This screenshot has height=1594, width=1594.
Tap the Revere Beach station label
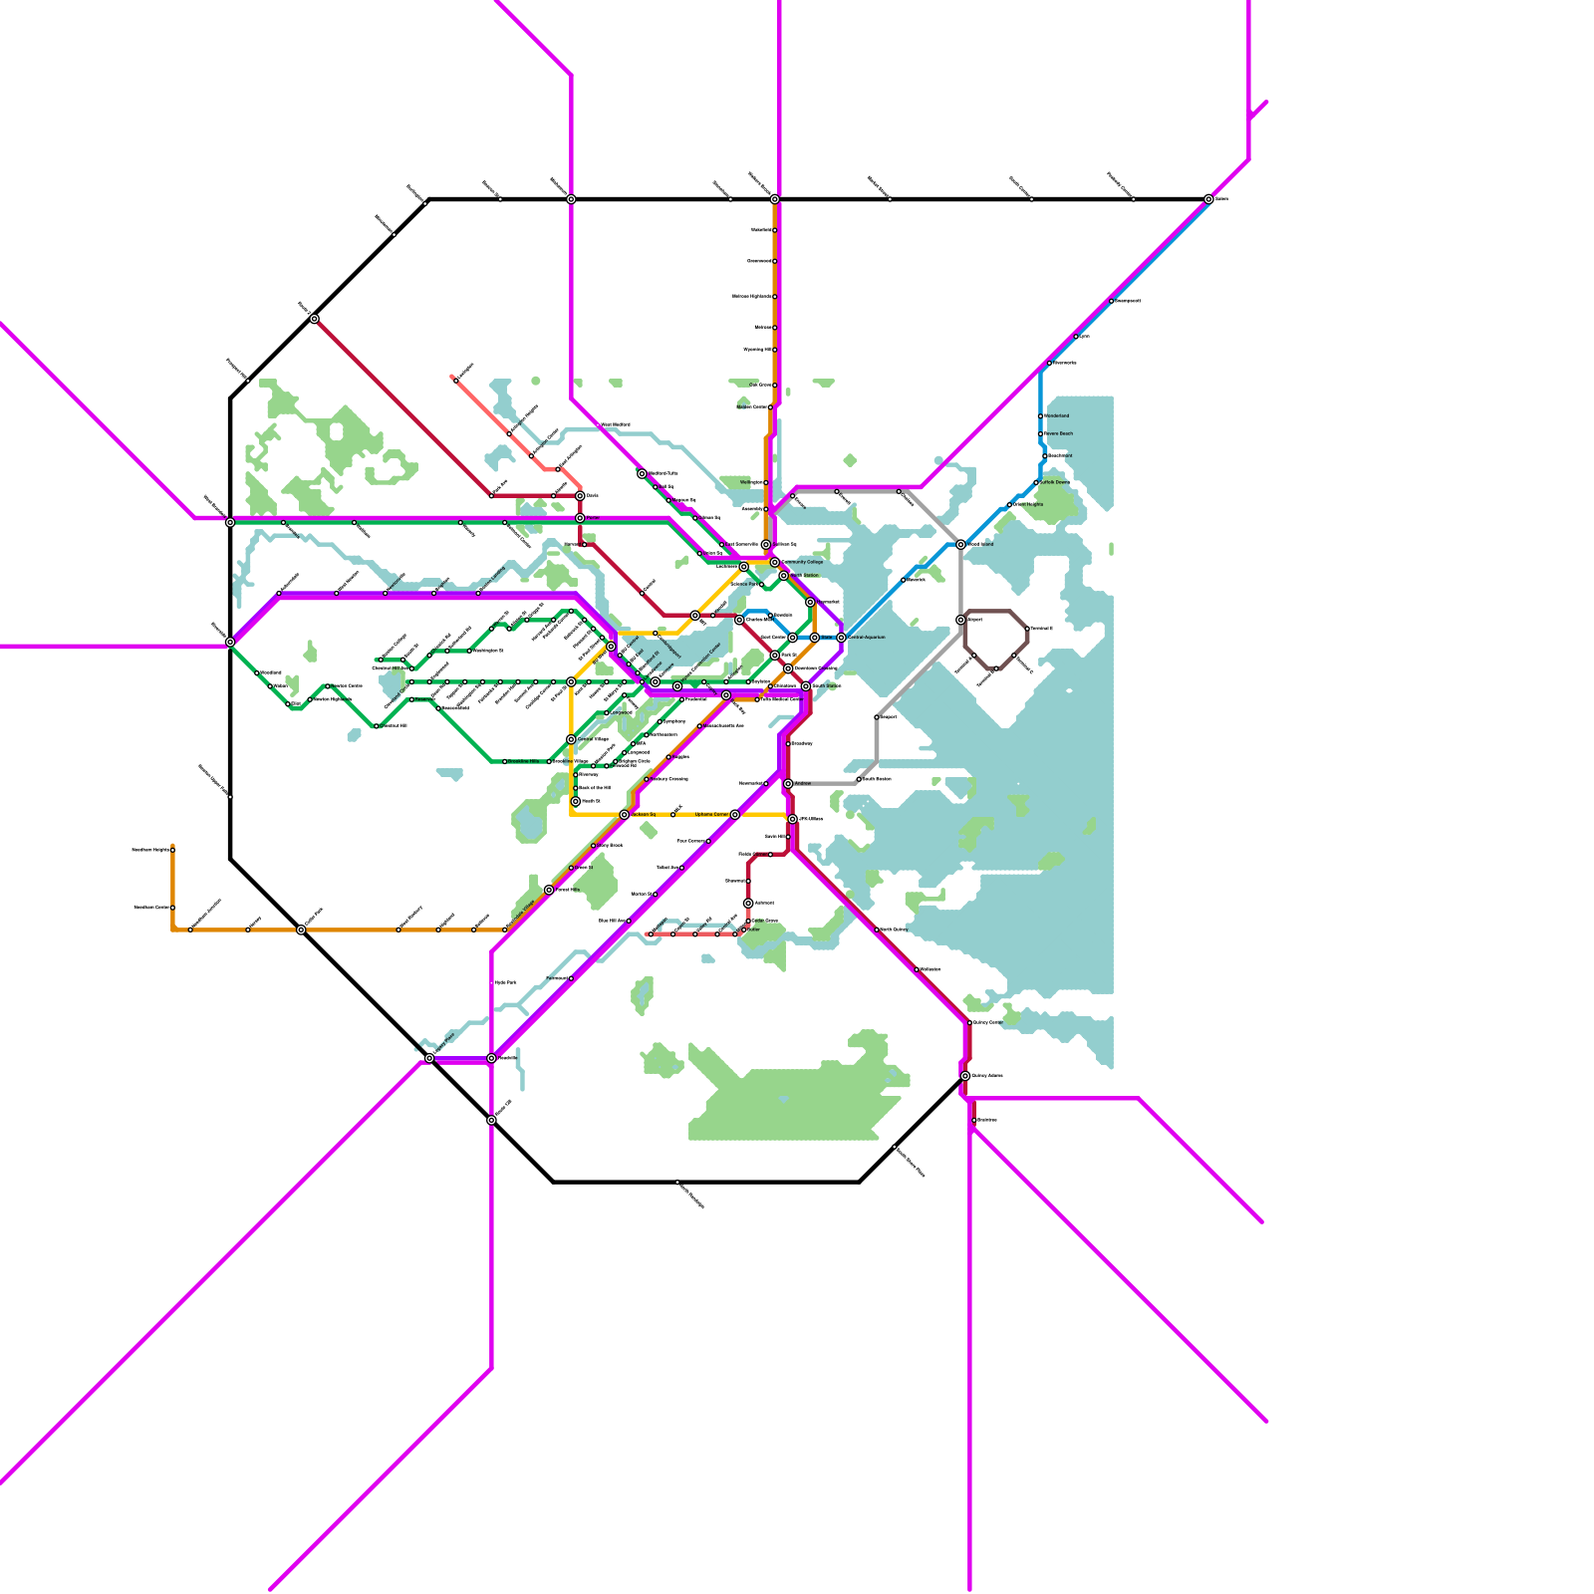[x=1059, y=433]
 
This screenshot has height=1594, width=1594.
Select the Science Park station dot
[x=762, y=584]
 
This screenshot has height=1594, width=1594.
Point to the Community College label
[x=803, y=562]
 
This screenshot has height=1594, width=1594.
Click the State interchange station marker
[x=815, y=638]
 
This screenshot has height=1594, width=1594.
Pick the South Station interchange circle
[x=806, y=686]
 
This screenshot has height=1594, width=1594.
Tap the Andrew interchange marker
[x=788, y=784]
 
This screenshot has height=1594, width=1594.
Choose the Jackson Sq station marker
[x=625, y=815]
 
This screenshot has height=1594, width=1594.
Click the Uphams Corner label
[x=711, y=814]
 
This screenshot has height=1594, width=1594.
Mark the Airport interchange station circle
[x=960, y=620]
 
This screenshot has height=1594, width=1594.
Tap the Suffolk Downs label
[x=1055, y=482]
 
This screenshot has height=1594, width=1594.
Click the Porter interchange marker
[x=580, y=518]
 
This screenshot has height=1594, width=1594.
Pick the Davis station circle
[x=580, y=495]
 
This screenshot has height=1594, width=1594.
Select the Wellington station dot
[x=767, y=482]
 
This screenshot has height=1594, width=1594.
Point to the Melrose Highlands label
[x=751, y=296]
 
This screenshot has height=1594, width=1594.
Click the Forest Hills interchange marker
[x=549, y=890]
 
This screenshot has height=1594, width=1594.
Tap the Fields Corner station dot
[x=770, y=855]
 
